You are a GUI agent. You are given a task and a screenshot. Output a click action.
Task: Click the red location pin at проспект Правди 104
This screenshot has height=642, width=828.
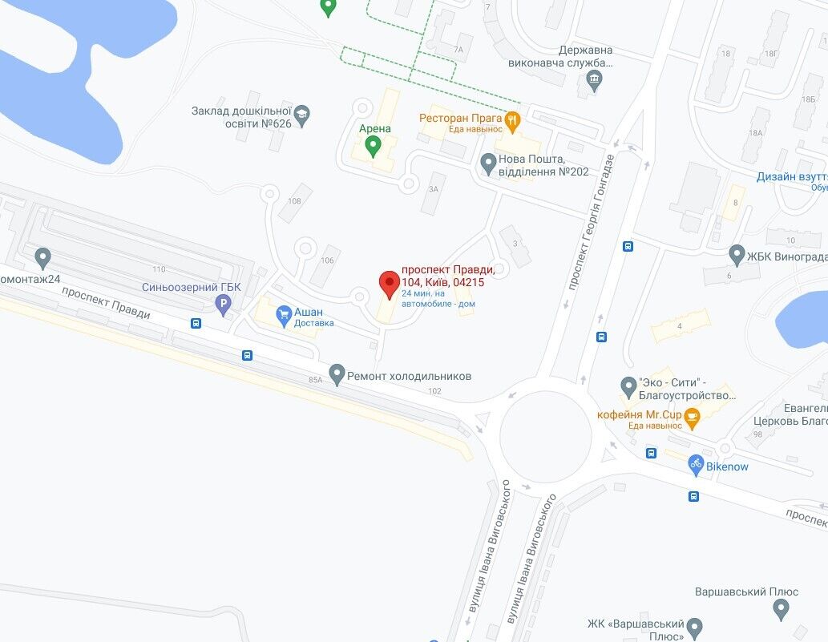[x=389, y=284]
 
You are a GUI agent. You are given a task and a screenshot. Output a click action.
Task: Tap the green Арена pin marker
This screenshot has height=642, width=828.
[x=373, y=146]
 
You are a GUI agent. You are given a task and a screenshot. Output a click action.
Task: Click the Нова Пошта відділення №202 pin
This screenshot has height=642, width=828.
[x=487, y=164]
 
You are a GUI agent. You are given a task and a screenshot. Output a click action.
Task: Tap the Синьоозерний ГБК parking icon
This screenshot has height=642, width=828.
[x=224, y=303]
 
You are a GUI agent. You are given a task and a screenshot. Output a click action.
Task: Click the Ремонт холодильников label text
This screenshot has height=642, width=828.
[x=409, y=376]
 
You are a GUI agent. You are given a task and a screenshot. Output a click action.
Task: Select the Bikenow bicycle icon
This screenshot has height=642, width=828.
[x=695, y=465]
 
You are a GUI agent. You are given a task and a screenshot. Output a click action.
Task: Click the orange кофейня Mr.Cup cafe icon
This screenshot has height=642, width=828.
[x=691, y=416]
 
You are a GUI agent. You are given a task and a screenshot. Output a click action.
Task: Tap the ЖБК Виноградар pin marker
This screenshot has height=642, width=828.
[x=737, y=256]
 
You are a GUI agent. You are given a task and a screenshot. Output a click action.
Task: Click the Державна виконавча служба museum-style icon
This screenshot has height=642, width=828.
[x=594, y=79]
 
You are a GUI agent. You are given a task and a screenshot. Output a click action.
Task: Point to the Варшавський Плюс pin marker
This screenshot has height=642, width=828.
[x=781, y=610]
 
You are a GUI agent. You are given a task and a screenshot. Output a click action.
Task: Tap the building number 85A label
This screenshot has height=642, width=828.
[x=315, y=380]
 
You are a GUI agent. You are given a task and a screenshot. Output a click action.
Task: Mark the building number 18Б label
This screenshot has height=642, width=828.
[x=807, y=99]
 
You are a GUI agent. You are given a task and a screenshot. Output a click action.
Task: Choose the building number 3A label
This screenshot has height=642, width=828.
[x=433, y=189]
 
